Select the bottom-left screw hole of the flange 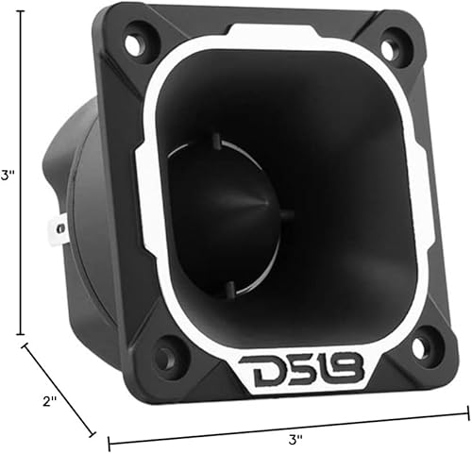(x=166, y=357)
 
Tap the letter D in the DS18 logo (x=254, y=372)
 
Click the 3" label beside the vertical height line (x=7, y=175)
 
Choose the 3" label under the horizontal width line (x=295, y=439)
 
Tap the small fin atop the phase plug (x=217, y=142)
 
